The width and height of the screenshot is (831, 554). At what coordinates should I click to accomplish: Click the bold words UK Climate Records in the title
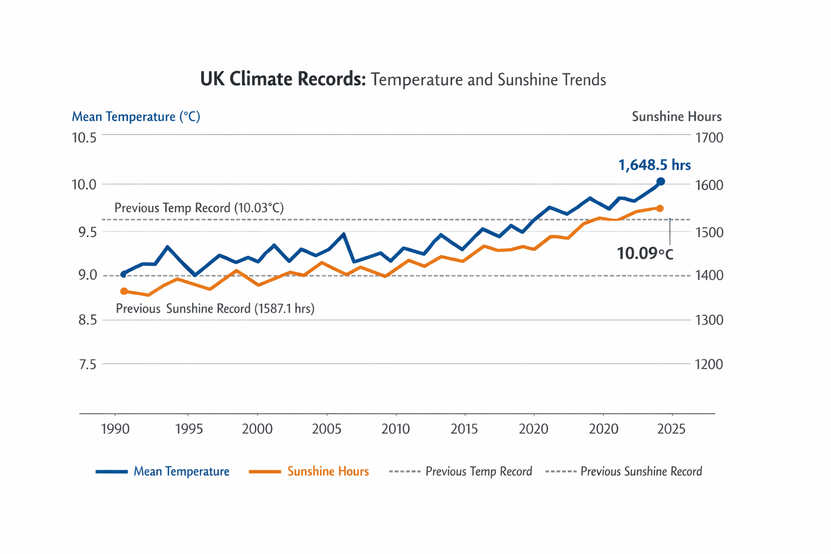(x=283, y=80)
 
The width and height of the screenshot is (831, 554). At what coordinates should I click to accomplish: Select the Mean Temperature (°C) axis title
(x=136, y=117)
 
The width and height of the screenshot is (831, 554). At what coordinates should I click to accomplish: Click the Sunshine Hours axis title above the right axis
(x=676, y=117)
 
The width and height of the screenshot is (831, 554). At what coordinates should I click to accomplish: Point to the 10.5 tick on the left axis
(x=84, y=138)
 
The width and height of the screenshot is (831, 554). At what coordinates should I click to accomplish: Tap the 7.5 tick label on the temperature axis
(x=87, y=365)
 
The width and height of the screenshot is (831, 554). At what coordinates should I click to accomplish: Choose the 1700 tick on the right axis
(x=709, y=138)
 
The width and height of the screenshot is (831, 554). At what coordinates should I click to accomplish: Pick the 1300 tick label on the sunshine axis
(x=709, y=320)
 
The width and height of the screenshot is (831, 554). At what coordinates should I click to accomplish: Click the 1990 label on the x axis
(x=115, y=430)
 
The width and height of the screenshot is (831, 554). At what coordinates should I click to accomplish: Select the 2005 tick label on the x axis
(x=327, y=430)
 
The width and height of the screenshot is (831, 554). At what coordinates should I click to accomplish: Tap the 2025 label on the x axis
(x=671, y=430)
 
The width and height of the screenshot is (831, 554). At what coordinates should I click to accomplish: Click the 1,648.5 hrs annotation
(x=654, y=166)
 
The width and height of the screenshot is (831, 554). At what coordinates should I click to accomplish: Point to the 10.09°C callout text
(x=645, y=253)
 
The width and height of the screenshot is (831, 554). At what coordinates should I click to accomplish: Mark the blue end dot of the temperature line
(x=661, y=182)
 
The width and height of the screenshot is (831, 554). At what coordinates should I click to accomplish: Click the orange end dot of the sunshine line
(x=660, y=208)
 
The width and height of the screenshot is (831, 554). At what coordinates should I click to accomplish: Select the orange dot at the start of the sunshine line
(x=124, y=292)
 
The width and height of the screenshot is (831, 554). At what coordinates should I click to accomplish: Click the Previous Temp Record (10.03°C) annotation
(x=199, y=208)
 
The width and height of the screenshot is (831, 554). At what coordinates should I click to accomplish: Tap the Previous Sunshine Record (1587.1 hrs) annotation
(x=215, y=309)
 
